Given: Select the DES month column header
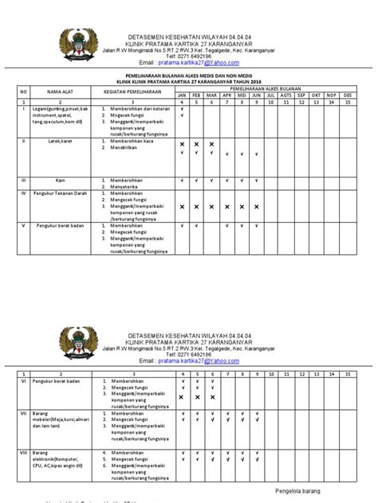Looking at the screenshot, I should click(347, 96).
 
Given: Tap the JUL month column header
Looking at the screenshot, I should click(271, 96).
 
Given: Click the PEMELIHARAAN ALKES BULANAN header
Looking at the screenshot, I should click(262, 90).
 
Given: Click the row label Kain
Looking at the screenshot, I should click(60, 180).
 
